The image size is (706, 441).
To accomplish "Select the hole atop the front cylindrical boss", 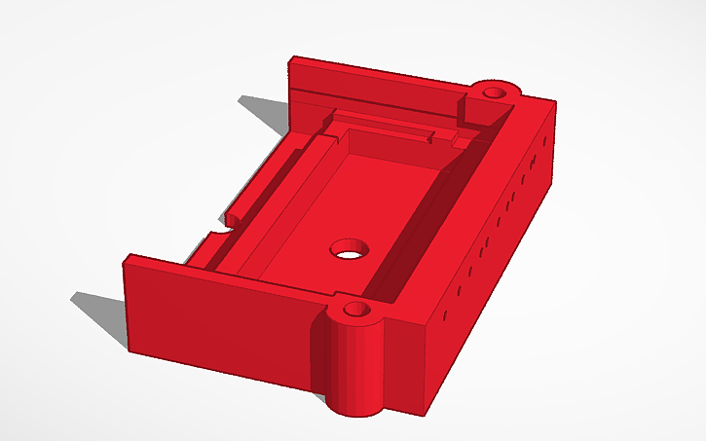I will tap(356, 312).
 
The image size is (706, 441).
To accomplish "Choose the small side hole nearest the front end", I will tap(445, 316).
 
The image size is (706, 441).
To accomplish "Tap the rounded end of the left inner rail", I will tap(237, 212).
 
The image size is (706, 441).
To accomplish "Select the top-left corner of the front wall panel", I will tap(126, 257).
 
